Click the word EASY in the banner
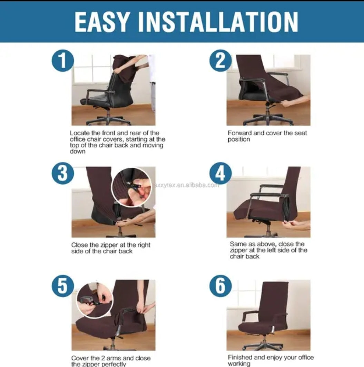pyautogui.click(x=102, y=22)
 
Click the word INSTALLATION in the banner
pyautogui.click(x=218, y=22)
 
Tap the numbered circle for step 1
pyautogui.click(x=63, y=61)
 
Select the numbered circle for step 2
pyautogui.click(x=220, y=61)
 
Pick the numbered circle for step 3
pyautogui.click(x=63, y=173)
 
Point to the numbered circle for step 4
pyautogui.click(x=220, y=173)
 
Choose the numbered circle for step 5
pyautogui.click(x=63, y=286)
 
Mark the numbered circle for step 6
pyautogui.click(x=220, y=286)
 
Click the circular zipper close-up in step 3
pyautogui.click(x=131, y=187)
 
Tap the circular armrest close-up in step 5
pyautogui.click(x=95, y=300)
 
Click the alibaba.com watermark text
pyautogui.click(x=187, y=185)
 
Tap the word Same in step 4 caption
pyautogui.click(x=237, y=244)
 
